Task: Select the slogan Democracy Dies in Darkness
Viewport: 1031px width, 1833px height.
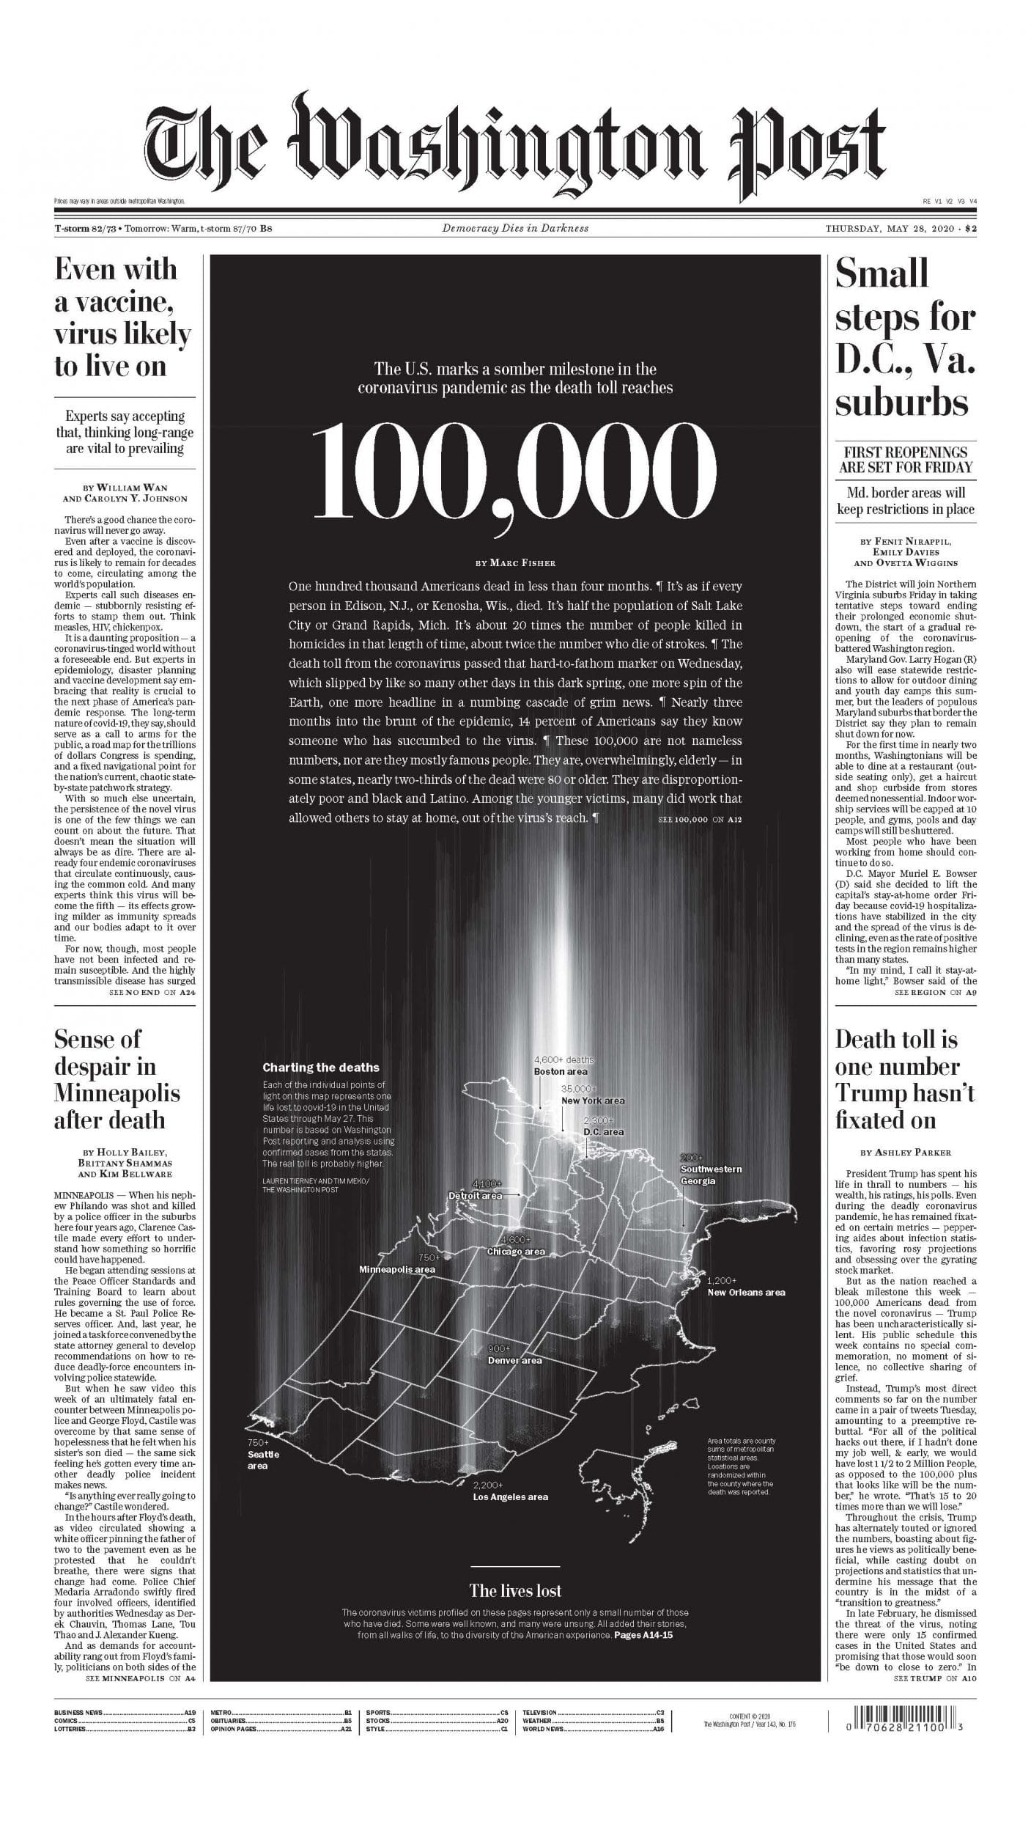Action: (514, 228)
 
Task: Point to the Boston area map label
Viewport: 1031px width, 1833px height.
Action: (560, 1071)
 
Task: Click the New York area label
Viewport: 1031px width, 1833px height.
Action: (592, 1101)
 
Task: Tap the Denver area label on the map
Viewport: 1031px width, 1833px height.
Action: (514, 1360)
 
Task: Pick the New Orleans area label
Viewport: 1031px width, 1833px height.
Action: (746, 1292)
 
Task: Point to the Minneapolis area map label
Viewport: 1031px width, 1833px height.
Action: (396, 1268)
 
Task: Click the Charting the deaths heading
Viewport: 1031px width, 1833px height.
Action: (321, 1068)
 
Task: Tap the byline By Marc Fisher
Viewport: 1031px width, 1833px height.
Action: (514, 563)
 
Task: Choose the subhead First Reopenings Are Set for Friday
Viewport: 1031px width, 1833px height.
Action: (905, 460)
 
